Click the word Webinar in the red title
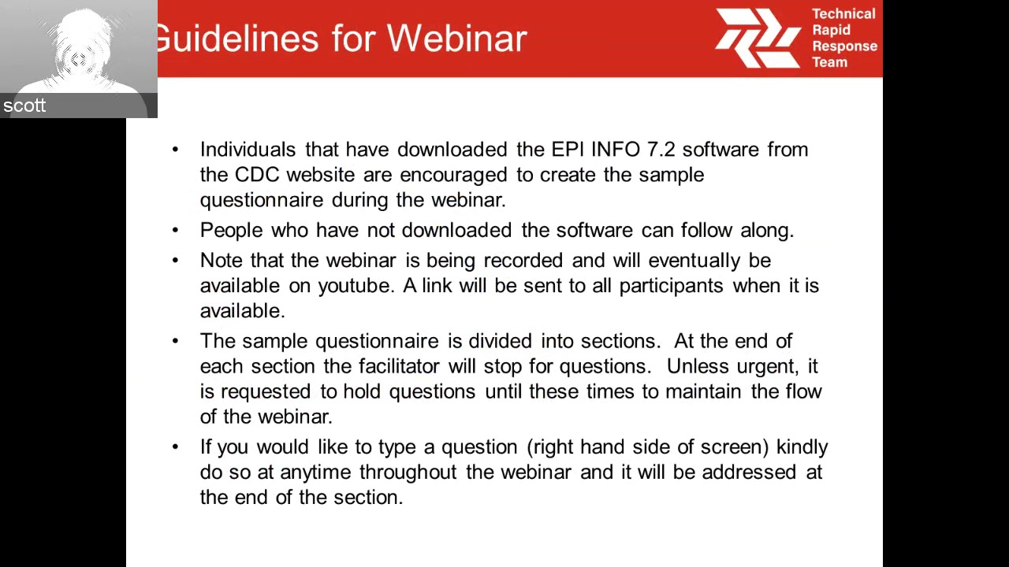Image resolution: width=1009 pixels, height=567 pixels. [456, 39]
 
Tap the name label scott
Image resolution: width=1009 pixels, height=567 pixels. [24, 106]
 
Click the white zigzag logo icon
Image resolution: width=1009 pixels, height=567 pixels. [758, 38]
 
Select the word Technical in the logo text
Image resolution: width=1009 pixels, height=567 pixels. [843, 14]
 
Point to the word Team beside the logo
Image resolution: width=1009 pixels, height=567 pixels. [829, 62]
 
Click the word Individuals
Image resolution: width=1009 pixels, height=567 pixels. [248, 150]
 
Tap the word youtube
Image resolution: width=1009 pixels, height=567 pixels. [355, 286]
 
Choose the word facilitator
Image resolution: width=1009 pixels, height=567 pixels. [399, 366]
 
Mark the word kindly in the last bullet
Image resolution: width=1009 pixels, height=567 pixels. [802, 447]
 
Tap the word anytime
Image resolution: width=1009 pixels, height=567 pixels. [315, 472]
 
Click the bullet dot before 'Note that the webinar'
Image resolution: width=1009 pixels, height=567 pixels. [175, 260]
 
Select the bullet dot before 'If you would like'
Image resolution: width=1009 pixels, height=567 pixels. [175, 447]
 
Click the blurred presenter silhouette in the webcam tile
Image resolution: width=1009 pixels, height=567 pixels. [79, 51]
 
